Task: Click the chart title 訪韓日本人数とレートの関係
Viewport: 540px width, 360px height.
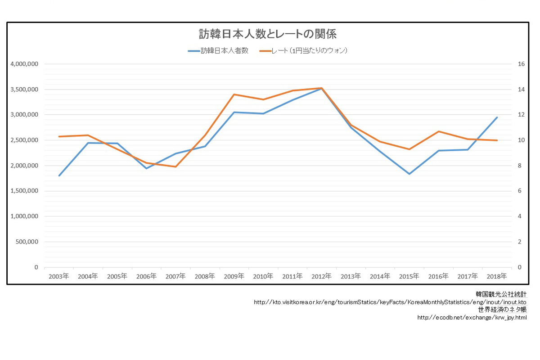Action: click(268, 34)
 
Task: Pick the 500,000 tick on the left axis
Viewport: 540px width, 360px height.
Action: click(27, 242)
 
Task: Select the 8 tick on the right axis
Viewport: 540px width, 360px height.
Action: click(520, 166)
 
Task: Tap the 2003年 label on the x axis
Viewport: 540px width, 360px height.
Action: click(58, 276)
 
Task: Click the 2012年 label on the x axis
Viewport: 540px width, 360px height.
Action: click(322, 276)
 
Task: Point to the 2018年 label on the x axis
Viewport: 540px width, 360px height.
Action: click(497, 276)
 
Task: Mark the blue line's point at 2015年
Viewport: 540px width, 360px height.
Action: click(409, 174)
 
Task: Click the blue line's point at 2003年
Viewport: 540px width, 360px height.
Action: click(59, 175)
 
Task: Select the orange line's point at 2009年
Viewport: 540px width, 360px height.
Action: click(234, 94)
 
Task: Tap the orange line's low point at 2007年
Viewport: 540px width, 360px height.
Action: click(175, 167)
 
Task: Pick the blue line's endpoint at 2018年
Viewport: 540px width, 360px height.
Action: click(497, 117)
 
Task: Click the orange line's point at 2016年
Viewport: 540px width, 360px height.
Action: click(439, 131)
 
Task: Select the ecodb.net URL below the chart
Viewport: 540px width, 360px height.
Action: click(472, 318)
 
